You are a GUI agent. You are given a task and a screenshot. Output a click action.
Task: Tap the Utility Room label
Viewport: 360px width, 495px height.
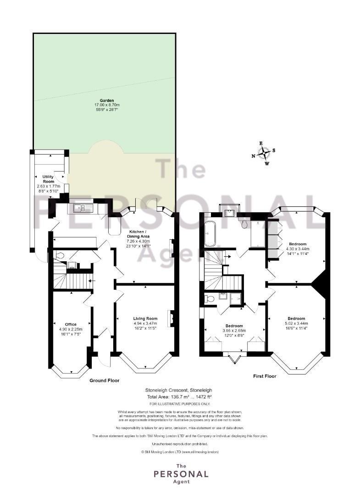[48, 179]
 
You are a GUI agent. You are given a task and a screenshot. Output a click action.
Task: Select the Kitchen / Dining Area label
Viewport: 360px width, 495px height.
[138, 234]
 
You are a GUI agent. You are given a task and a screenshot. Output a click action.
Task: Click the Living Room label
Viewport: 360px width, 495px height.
[145, 319]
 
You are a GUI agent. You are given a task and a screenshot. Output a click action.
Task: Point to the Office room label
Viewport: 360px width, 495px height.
[71, 324]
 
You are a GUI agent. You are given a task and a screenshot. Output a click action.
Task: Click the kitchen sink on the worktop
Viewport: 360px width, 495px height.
[83, 208]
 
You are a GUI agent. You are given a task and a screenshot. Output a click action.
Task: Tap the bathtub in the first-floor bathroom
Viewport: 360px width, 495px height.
[210, 234]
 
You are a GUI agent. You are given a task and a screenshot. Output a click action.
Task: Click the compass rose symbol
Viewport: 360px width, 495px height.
[263, 154]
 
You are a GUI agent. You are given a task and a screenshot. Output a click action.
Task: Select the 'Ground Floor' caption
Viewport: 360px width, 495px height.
[105, 380]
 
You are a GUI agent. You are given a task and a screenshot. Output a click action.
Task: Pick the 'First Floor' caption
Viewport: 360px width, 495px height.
[265, 376]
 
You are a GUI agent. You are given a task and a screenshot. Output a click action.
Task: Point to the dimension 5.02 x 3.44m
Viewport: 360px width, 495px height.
[297, 323]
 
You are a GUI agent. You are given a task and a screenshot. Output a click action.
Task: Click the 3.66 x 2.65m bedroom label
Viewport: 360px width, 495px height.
[234, 330]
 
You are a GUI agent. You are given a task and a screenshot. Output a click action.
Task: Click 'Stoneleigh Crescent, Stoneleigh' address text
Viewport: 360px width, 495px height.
[179, 390]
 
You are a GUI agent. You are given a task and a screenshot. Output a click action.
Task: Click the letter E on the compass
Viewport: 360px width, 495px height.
[261, 143]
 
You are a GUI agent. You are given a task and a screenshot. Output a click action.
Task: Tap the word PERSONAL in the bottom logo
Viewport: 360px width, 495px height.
[181, 474]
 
